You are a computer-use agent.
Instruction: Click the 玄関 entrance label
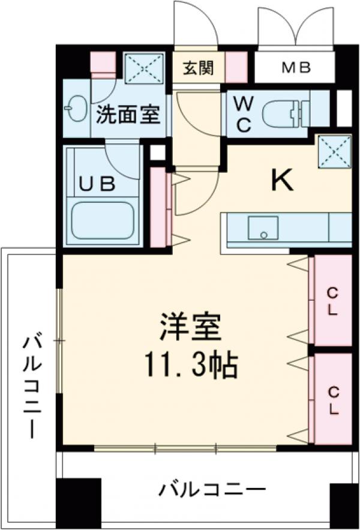tap(197, 68)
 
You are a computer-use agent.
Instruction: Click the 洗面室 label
tap(128, 113)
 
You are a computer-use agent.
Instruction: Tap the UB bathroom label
tap(98, 184)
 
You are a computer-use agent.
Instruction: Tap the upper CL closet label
tap(332, 301)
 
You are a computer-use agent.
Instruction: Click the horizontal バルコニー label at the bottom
tap(212, 490)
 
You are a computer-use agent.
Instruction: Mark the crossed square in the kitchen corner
tap(334, 148)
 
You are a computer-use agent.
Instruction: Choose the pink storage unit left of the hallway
tap(158, 208)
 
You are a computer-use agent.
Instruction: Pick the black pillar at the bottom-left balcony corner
tap(79, 503)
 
